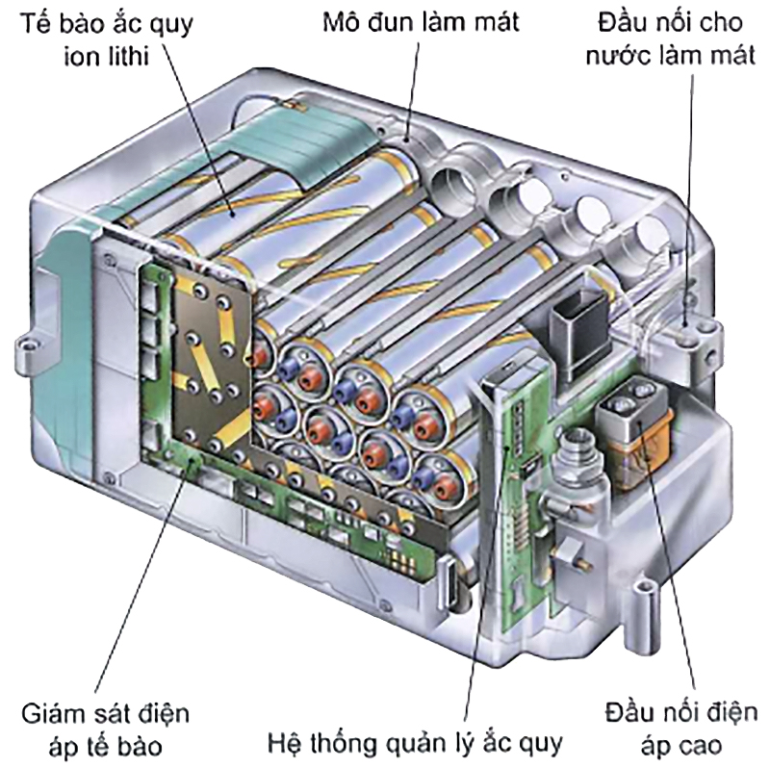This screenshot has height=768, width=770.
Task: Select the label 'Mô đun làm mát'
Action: tap(421, 21)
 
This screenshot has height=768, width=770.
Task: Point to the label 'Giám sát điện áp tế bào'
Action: tap(105, 730)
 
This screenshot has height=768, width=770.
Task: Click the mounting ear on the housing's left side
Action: tap(27, 342)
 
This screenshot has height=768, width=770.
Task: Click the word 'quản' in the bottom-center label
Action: tap(415, 743)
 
